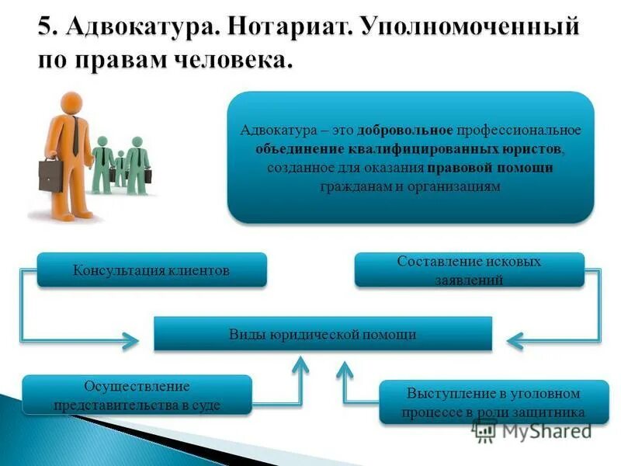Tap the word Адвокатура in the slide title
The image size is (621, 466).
click(x=143, y=28)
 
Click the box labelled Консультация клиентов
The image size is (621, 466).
click(x=152, y=270)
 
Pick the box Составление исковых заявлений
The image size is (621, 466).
click(x=469, y=270)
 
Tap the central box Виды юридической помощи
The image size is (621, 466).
click(x=323, y=334)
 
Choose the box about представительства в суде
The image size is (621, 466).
click(x=137, y=395)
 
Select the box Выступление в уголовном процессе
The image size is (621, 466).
click(x=494, y=401)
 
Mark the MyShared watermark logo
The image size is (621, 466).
click(x=536, y=429)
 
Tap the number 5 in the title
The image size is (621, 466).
click(x=46, y=28)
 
